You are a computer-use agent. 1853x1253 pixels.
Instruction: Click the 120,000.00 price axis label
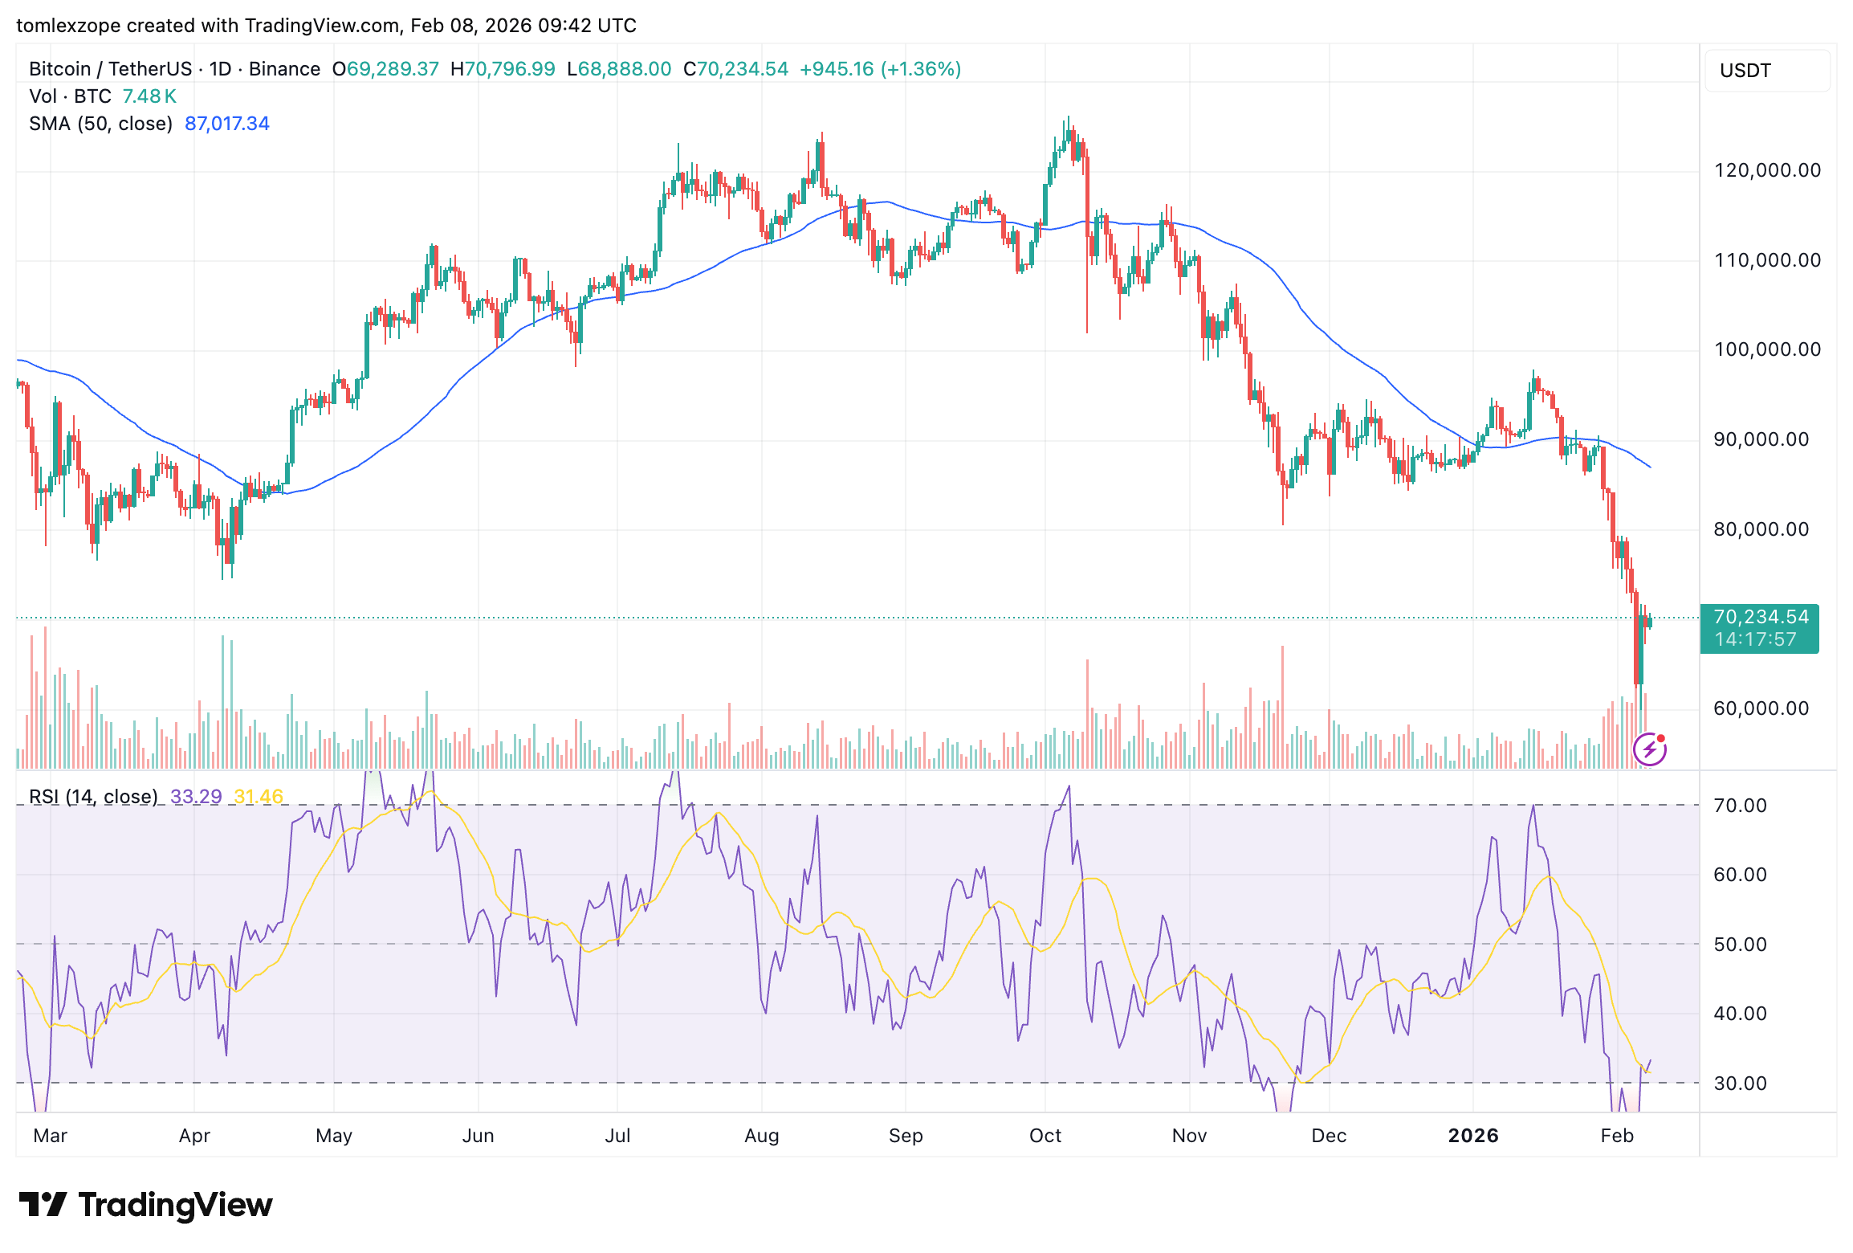click(1767, 170)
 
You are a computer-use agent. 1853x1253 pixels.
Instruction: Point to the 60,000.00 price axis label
click(1761, 708)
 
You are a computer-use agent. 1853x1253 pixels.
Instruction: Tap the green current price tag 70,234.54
click(1761, 617)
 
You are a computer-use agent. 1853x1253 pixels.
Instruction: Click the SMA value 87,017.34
click(227, 124)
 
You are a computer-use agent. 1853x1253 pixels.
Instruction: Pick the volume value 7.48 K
click(149, 96)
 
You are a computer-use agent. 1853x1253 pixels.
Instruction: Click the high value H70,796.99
click(503, 69)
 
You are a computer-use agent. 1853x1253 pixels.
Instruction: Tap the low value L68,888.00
click(619, 69)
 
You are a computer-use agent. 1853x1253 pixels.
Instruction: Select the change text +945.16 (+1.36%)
click(880, 69)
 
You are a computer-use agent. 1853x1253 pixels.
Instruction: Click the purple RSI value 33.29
click(196, 797)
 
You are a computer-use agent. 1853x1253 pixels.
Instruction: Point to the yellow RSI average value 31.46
click(259, 797)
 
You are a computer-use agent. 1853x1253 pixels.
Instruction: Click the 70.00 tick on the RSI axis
click(1740, 806)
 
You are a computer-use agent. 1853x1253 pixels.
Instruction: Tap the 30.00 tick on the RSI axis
click(1740, 1084)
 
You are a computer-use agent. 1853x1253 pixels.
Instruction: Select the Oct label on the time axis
click(1045, 1136)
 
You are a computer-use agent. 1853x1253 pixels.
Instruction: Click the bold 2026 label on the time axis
click(1472, 1136)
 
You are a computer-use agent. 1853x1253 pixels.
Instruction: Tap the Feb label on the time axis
click(1616, 1136)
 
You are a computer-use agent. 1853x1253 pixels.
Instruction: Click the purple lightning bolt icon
click(1649, 750)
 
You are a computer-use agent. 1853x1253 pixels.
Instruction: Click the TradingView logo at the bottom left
click(145, 1205)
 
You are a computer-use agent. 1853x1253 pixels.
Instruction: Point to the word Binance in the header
click(284, 69)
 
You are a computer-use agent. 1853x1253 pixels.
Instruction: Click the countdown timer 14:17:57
click(1755, 639)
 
